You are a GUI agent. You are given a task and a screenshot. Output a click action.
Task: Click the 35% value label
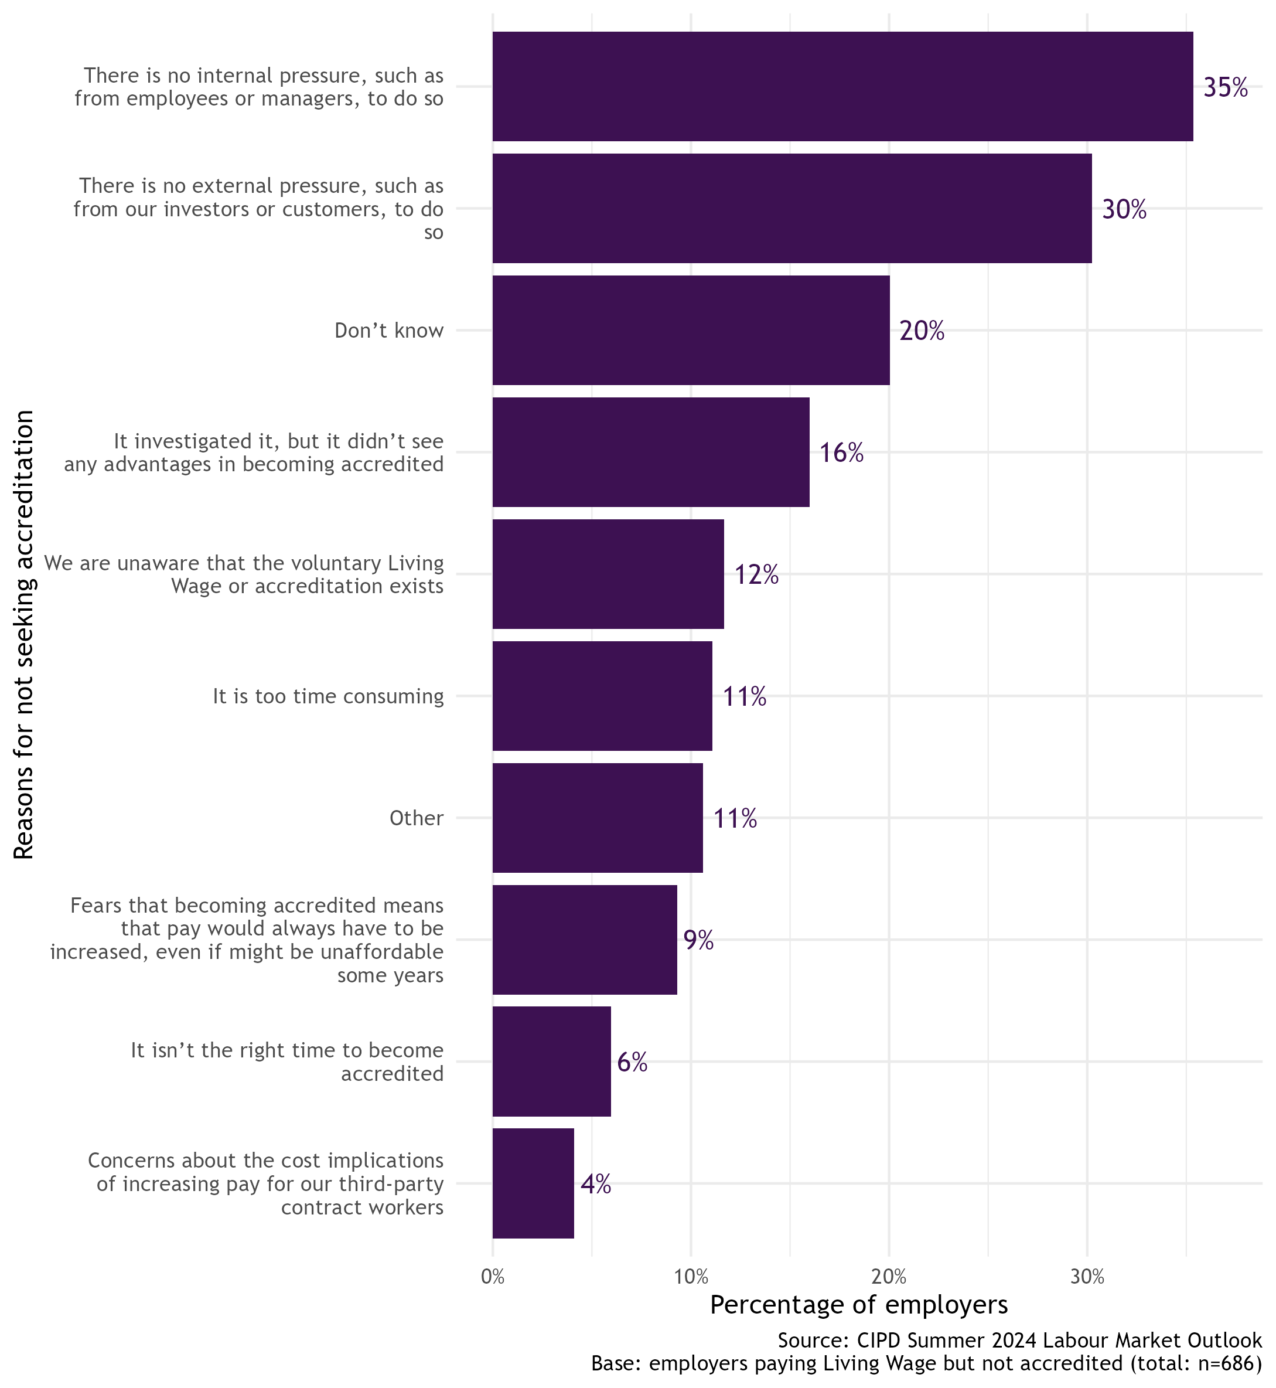click(x=1225, y=88)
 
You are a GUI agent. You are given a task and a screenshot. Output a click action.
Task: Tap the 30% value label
click(x=1124, y=209)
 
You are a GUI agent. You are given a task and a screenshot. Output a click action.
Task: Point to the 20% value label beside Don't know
click(x=922, y=331)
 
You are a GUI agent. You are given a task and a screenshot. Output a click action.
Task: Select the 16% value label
click(x=841, y=453)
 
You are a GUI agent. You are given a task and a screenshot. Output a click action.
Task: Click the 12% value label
click(x=757, y=575)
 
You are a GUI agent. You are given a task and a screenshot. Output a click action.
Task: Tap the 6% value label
click(x=632, y=1062)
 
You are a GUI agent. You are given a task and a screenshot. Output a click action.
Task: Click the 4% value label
click(x=595, y=1184)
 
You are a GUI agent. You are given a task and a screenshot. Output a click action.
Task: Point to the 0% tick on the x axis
click(x=492, y=1277)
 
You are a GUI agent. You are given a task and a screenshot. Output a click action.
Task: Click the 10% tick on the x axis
click(x=691, y=1277)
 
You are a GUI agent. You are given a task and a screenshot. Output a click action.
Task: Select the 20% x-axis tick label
click(x=889, y=1277)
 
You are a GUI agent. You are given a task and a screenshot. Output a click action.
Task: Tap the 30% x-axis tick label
click(x=1087, y=1277)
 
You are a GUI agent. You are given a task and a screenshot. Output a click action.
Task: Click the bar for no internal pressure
click(x=842, y=86)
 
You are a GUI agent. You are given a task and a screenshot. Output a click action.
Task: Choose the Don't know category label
click(x=389, y=331)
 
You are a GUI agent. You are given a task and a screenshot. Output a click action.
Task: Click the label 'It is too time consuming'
click(x=327, y=696)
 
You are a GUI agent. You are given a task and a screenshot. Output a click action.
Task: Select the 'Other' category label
click(x=417, y=818)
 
